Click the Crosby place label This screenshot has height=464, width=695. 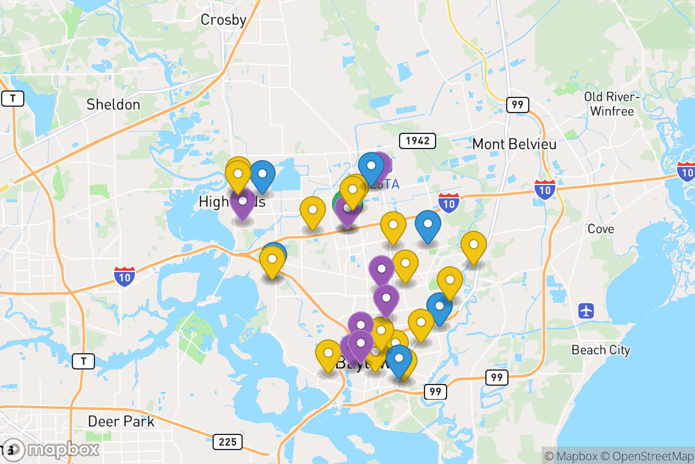[x=224, y=20]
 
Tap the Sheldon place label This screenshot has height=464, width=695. [x=114, y=105]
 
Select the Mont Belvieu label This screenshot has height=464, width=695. [x=514, y=144]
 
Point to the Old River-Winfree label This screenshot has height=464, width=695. [x=612, y=104]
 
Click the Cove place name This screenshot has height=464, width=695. [x=601, y=229]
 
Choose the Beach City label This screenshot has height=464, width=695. [x=601, y=350]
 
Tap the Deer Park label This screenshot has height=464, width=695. [x=121, y=421]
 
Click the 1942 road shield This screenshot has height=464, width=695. [x=417, y=141]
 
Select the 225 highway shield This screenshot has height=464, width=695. [x=228, y=442]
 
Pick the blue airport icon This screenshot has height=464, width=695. [x=586, y=310]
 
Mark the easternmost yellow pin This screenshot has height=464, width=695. [x=473, y=246]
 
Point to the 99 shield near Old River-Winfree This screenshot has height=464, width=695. [x=517, y=105]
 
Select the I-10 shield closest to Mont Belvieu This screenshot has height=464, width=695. [x=545, y=189]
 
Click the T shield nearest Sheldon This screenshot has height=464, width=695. [x=13, y=99]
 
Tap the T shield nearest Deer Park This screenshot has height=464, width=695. [x=83, y=361]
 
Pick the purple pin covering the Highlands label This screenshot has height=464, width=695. [x=242, y=202]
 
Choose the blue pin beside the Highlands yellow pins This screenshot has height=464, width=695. [x=262, y=175]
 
